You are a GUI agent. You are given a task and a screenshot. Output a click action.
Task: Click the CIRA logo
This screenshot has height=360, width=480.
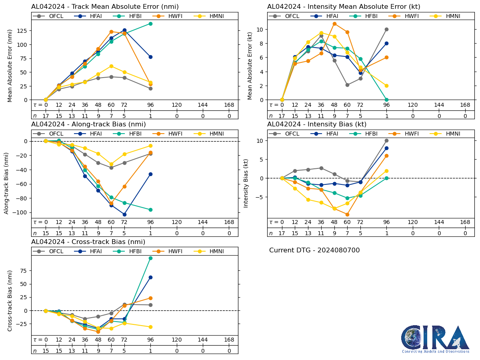[x=435, y=339]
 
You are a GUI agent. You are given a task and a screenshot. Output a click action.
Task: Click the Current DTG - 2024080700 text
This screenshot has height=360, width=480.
[x=314, y=250]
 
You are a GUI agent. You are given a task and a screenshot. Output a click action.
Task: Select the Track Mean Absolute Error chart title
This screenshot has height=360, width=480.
[x=105, y=7]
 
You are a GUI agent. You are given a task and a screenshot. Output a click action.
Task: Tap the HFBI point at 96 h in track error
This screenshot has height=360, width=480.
[x=150, y=24]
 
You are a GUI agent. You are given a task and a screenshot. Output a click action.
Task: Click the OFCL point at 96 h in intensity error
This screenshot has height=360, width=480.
[x=386, y=29]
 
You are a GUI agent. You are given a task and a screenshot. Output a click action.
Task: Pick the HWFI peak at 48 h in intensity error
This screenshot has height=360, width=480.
[x=334, y=24]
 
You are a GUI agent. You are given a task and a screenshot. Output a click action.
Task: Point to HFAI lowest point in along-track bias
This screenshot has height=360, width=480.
[x=124, y=214]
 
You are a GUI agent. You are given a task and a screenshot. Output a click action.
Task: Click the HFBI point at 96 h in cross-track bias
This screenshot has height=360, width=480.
[x=150, y=258]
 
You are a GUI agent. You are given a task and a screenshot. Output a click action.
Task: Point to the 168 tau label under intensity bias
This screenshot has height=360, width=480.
[x=465, y=222]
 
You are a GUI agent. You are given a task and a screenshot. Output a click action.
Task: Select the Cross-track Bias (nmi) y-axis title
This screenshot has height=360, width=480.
[x=10, y=300]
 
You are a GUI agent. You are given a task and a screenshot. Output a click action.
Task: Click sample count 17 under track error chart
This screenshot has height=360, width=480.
[x=46, y=116]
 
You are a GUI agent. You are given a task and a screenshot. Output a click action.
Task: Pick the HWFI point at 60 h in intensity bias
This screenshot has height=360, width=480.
[x=347, y=214]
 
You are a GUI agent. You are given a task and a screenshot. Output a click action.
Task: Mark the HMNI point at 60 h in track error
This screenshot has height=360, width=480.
[x=111, y=66]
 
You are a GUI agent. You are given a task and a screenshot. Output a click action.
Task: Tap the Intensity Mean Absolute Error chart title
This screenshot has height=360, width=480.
[x=344, y=7]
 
